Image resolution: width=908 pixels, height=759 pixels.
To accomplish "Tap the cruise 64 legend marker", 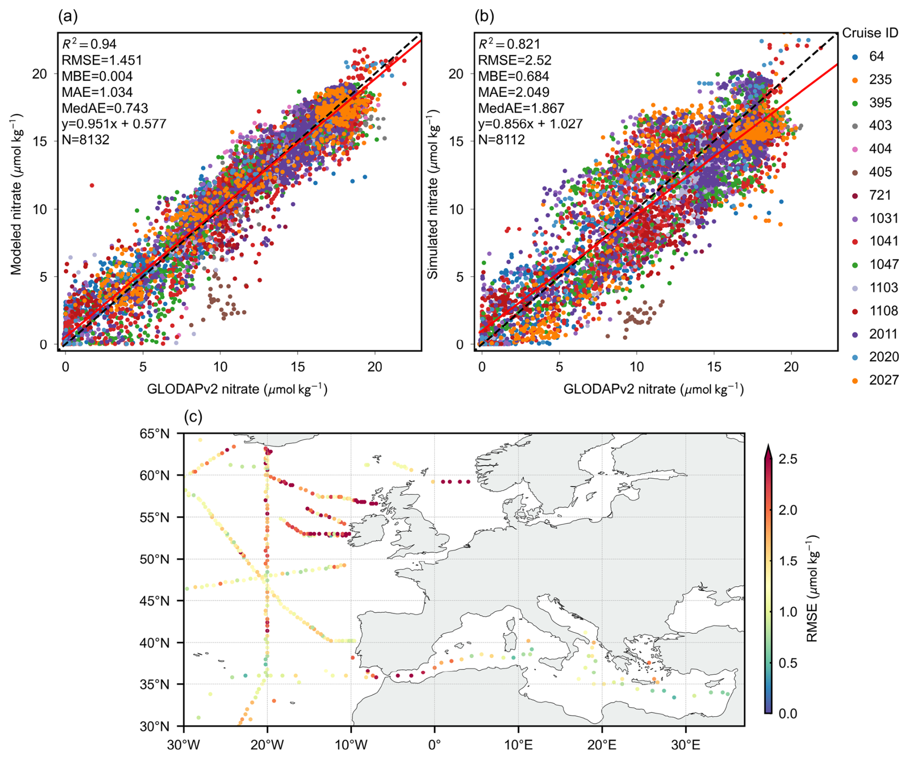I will pos(855,57).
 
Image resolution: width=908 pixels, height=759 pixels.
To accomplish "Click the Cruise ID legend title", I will pos(870,33).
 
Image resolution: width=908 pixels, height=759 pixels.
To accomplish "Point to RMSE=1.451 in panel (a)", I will pos(102,60).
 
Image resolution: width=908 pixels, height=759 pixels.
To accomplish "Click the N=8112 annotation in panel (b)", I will pos(501,140).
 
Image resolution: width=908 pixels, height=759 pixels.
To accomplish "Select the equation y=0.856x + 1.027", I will pos(530,124).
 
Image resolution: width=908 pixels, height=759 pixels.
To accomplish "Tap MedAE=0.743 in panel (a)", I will pos(105,108).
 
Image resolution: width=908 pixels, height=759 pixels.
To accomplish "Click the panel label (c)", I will pos(193,417).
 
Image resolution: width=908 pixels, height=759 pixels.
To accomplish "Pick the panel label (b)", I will pos(484,16).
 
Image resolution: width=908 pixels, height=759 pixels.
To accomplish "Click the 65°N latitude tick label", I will pos(155,434).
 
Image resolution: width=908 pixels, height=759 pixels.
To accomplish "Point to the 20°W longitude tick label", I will pos(267,745).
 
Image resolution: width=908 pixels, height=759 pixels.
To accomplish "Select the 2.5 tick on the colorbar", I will pos(787,459).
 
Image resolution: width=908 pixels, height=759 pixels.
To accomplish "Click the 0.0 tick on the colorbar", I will pos(787,713).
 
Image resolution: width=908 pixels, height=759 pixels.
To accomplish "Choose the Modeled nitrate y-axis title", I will pos(16,194).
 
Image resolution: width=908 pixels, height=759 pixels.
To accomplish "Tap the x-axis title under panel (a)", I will pos(237,389).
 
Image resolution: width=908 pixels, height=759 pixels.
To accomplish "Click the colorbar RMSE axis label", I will pos(812,588).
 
